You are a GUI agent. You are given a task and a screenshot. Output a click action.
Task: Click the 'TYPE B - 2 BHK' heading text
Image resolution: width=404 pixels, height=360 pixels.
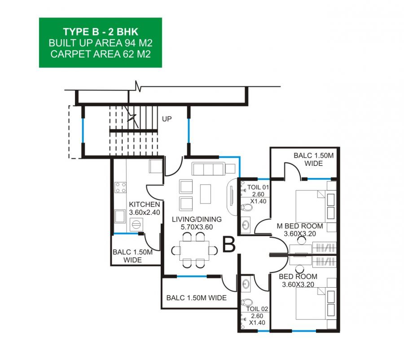click(101, 32)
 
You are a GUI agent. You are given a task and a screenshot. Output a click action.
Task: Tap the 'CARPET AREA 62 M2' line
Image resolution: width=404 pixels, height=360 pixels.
click(101, 54)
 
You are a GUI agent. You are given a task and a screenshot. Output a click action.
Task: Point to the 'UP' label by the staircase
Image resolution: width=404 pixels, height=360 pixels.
click(167, 119)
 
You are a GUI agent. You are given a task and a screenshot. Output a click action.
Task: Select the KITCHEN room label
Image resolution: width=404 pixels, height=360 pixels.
click(144, 204)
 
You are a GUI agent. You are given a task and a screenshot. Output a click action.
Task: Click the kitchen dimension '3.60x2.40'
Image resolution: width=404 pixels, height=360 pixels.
click(144, 213)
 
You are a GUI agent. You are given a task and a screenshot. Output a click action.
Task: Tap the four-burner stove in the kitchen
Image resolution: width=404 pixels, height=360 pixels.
click(120, 187)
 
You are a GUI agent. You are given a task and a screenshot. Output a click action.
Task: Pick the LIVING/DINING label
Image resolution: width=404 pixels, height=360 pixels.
click(197, 219)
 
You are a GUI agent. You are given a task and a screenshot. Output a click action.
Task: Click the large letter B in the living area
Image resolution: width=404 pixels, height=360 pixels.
click(229, 245)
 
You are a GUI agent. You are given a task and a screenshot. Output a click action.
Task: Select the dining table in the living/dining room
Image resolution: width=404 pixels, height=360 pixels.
click(194, 250)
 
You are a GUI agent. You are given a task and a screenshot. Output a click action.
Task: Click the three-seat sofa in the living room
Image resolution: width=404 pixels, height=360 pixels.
click(208, 169)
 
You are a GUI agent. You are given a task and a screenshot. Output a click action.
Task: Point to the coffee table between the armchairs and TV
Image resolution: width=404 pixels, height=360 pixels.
click(205, 194)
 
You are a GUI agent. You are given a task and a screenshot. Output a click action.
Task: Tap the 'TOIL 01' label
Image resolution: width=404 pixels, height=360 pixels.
click(258, 187)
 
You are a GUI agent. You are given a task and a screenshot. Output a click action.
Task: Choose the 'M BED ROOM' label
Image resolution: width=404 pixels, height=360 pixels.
click(300, 226)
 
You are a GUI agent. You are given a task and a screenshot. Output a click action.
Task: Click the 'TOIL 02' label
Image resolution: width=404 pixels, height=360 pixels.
click(257, 309)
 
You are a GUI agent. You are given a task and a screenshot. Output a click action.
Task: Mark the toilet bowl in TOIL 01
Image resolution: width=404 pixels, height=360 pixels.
click(247, 207)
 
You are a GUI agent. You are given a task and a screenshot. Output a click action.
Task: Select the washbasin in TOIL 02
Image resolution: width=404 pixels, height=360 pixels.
click(246, 284)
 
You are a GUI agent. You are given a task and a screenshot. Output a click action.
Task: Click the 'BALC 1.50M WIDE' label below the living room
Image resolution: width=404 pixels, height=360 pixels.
click(196, 298)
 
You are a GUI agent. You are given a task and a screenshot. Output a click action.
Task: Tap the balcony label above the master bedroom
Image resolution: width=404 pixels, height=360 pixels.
click(314, 160)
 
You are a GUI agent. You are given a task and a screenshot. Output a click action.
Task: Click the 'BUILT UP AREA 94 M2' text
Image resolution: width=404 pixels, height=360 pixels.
click(101, 43)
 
